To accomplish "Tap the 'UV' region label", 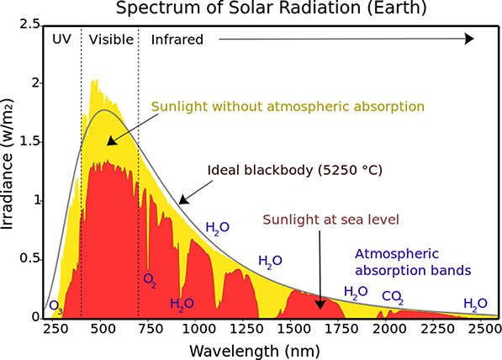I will point(61,40).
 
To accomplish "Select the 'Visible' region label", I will point(109,40).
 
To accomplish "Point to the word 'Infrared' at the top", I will point(177,40).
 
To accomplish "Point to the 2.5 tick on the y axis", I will point(29,27).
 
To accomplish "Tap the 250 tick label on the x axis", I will point(53,329).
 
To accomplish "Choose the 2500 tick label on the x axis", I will point(480,329).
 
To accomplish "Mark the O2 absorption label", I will point(150,278).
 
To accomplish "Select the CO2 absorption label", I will point(393,296).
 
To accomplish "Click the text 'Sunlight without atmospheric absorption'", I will point(286,107).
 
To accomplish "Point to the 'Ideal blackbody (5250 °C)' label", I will point(294,171).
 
